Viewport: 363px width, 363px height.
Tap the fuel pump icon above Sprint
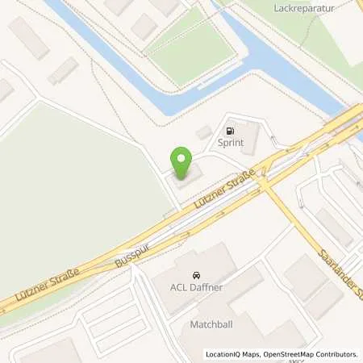click(x=231, y=131)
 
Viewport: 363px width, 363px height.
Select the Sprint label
click(x=231, y=144)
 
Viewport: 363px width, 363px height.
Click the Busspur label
click(x=132, y=252)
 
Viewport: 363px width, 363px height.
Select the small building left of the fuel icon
click(x=204, y=131)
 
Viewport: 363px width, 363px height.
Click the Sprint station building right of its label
click(x=251, y=137)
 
